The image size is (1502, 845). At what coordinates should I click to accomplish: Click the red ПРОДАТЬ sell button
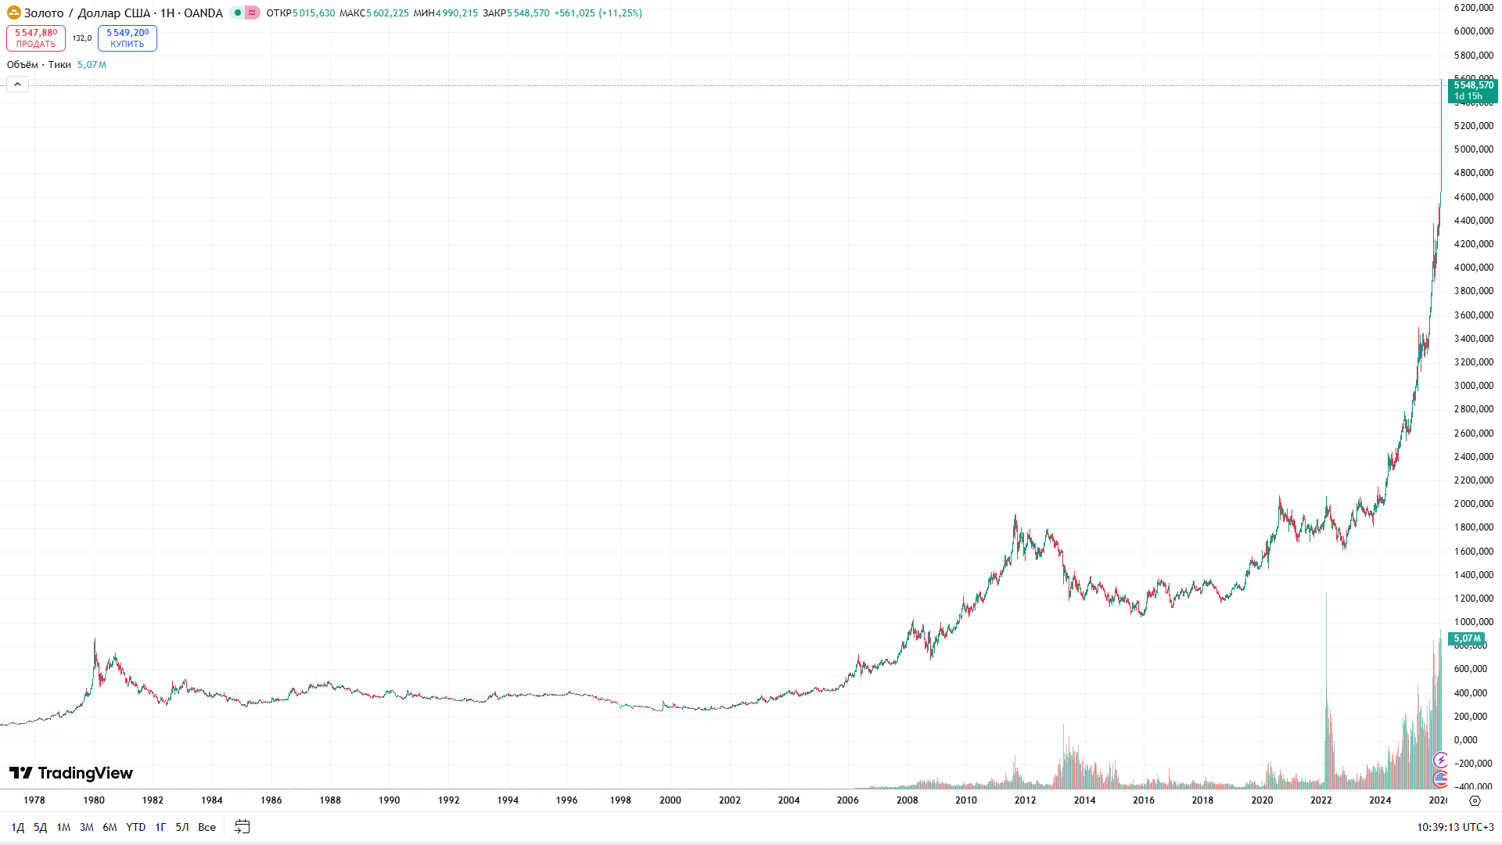pyautogui.click(x=36, y=38)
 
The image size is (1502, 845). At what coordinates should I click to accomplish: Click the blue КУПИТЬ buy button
pyautogui.click(x=128, y=38)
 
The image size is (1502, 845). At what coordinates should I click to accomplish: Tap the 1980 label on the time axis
pyautogui.click(x=94, y=800)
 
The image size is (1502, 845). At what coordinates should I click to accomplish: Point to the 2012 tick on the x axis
pyautogui.click(x=1025, y=800)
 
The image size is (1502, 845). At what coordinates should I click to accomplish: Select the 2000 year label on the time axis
pyautogui.click(x=670, y=800)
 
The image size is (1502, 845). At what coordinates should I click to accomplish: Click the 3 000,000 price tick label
pyautogui.click(x=1474, y=386)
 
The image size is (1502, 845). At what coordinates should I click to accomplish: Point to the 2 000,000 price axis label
pyautogui.click(x=1474, y=504)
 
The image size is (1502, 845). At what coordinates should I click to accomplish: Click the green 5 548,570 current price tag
pyautogui.click(x=1473, y=91)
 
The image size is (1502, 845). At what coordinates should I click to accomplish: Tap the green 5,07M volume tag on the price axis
pyautogui.click(x=1467, y=638)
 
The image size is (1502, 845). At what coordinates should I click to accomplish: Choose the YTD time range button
pyautogui.click(x=136, y=827)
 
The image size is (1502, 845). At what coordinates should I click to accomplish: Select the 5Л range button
pyautogui.click(x=182, y=827)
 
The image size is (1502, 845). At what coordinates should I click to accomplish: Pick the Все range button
pyautogui.click(x=207, y=827)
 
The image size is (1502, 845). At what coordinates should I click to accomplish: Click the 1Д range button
pyautogui.click(x=18, y=827)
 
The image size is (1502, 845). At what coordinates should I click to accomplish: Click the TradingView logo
pyautogui.click(x=71, y=773)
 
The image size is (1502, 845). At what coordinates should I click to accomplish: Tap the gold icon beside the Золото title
pyautogui.click(x=13, y=13)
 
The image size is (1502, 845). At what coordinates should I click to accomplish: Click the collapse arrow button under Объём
pyautogui.click(x=17, y=84)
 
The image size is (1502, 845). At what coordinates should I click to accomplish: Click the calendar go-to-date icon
pyautogui.click(x=243, y=827)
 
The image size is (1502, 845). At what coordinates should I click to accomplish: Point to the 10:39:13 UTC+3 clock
pyautogui.click(x=1455, y=827)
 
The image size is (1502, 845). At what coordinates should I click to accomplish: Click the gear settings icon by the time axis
pyautogui.click(x=1475, y=800)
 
